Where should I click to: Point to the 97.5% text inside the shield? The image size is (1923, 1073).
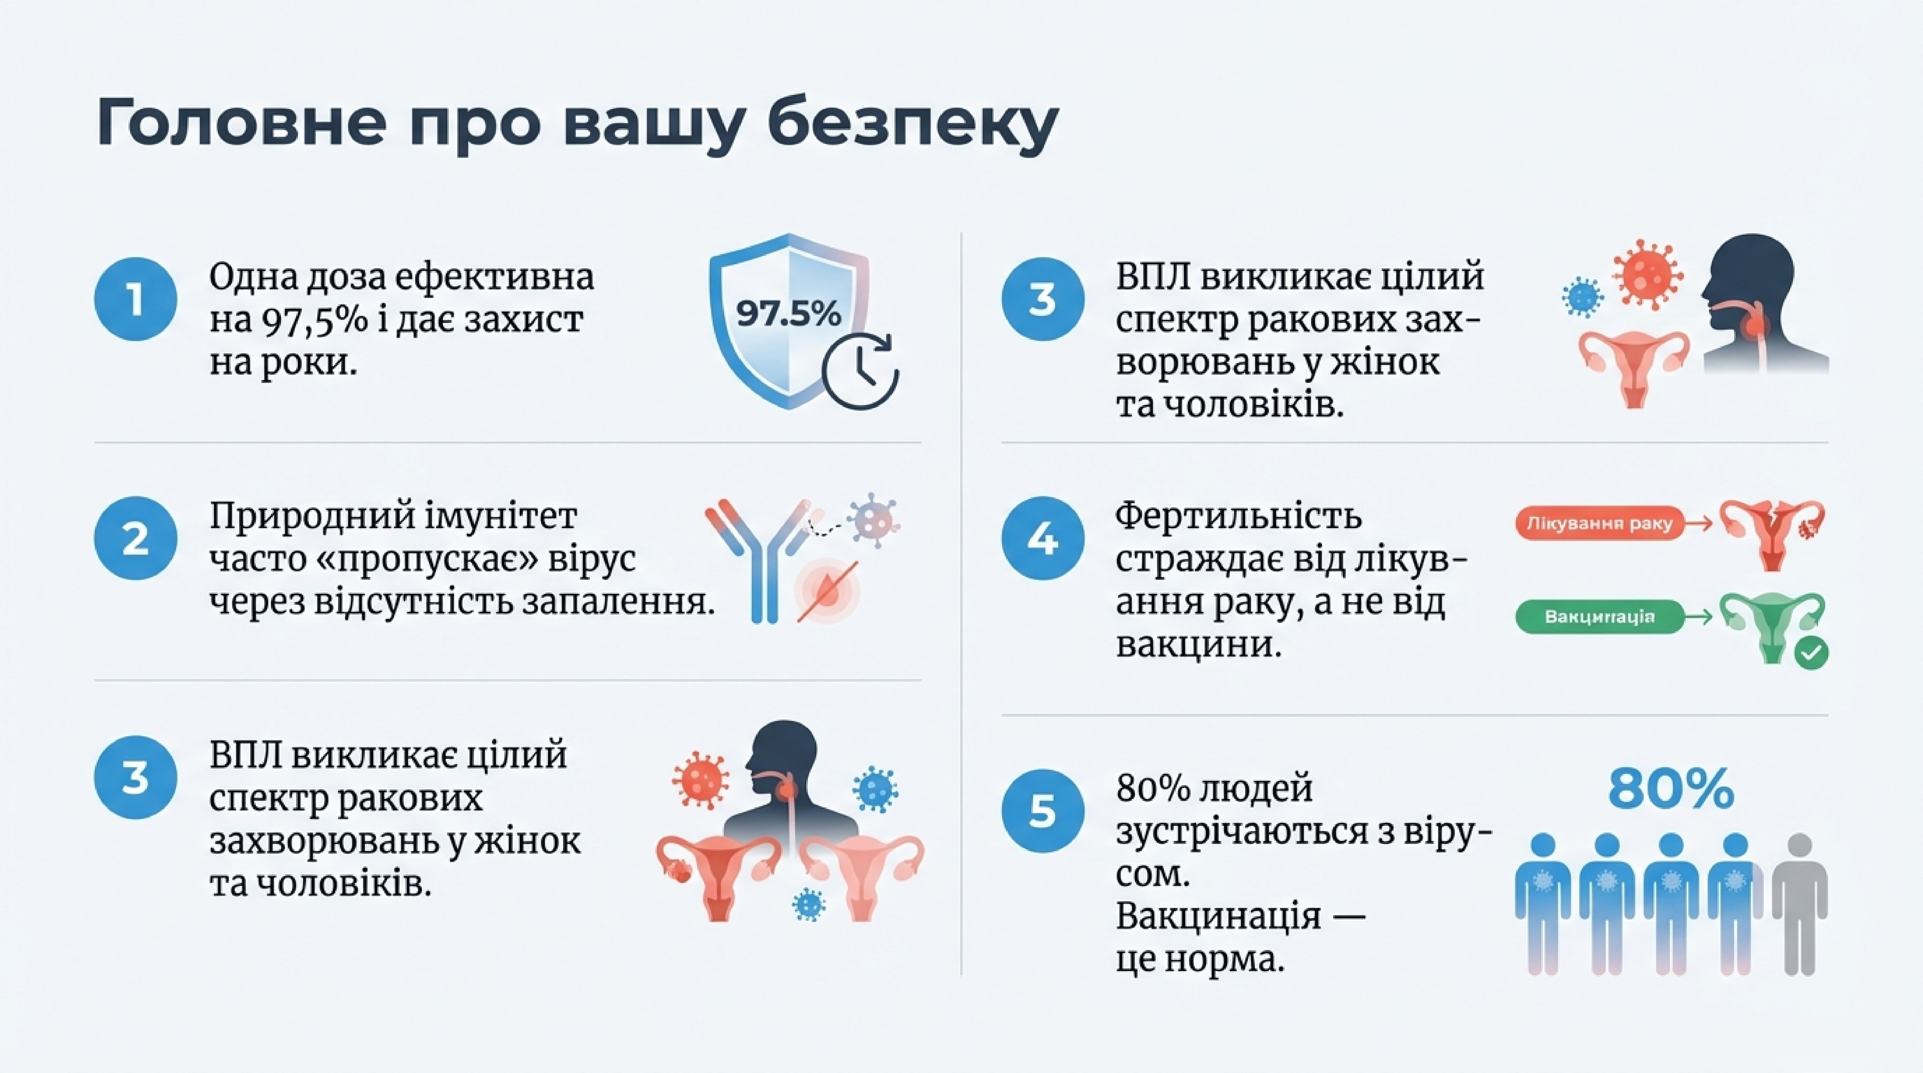(788, 314)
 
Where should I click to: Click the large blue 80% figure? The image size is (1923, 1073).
(1671, 789)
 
